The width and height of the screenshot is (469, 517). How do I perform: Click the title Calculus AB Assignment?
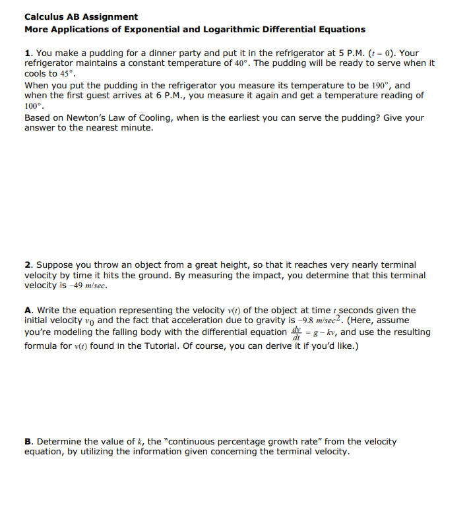click(81, 16)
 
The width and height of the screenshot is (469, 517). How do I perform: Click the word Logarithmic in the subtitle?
click(232, 29)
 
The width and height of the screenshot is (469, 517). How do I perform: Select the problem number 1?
click(28, 53)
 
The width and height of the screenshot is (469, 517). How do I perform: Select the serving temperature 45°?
click(69, 74)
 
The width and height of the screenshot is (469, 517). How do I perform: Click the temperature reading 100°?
click(34, 106)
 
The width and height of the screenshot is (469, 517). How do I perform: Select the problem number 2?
click(28, 264)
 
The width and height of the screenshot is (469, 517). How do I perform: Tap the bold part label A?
click(28, 310)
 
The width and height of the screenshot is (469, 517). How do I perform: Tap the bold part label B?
click(28, 441)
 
